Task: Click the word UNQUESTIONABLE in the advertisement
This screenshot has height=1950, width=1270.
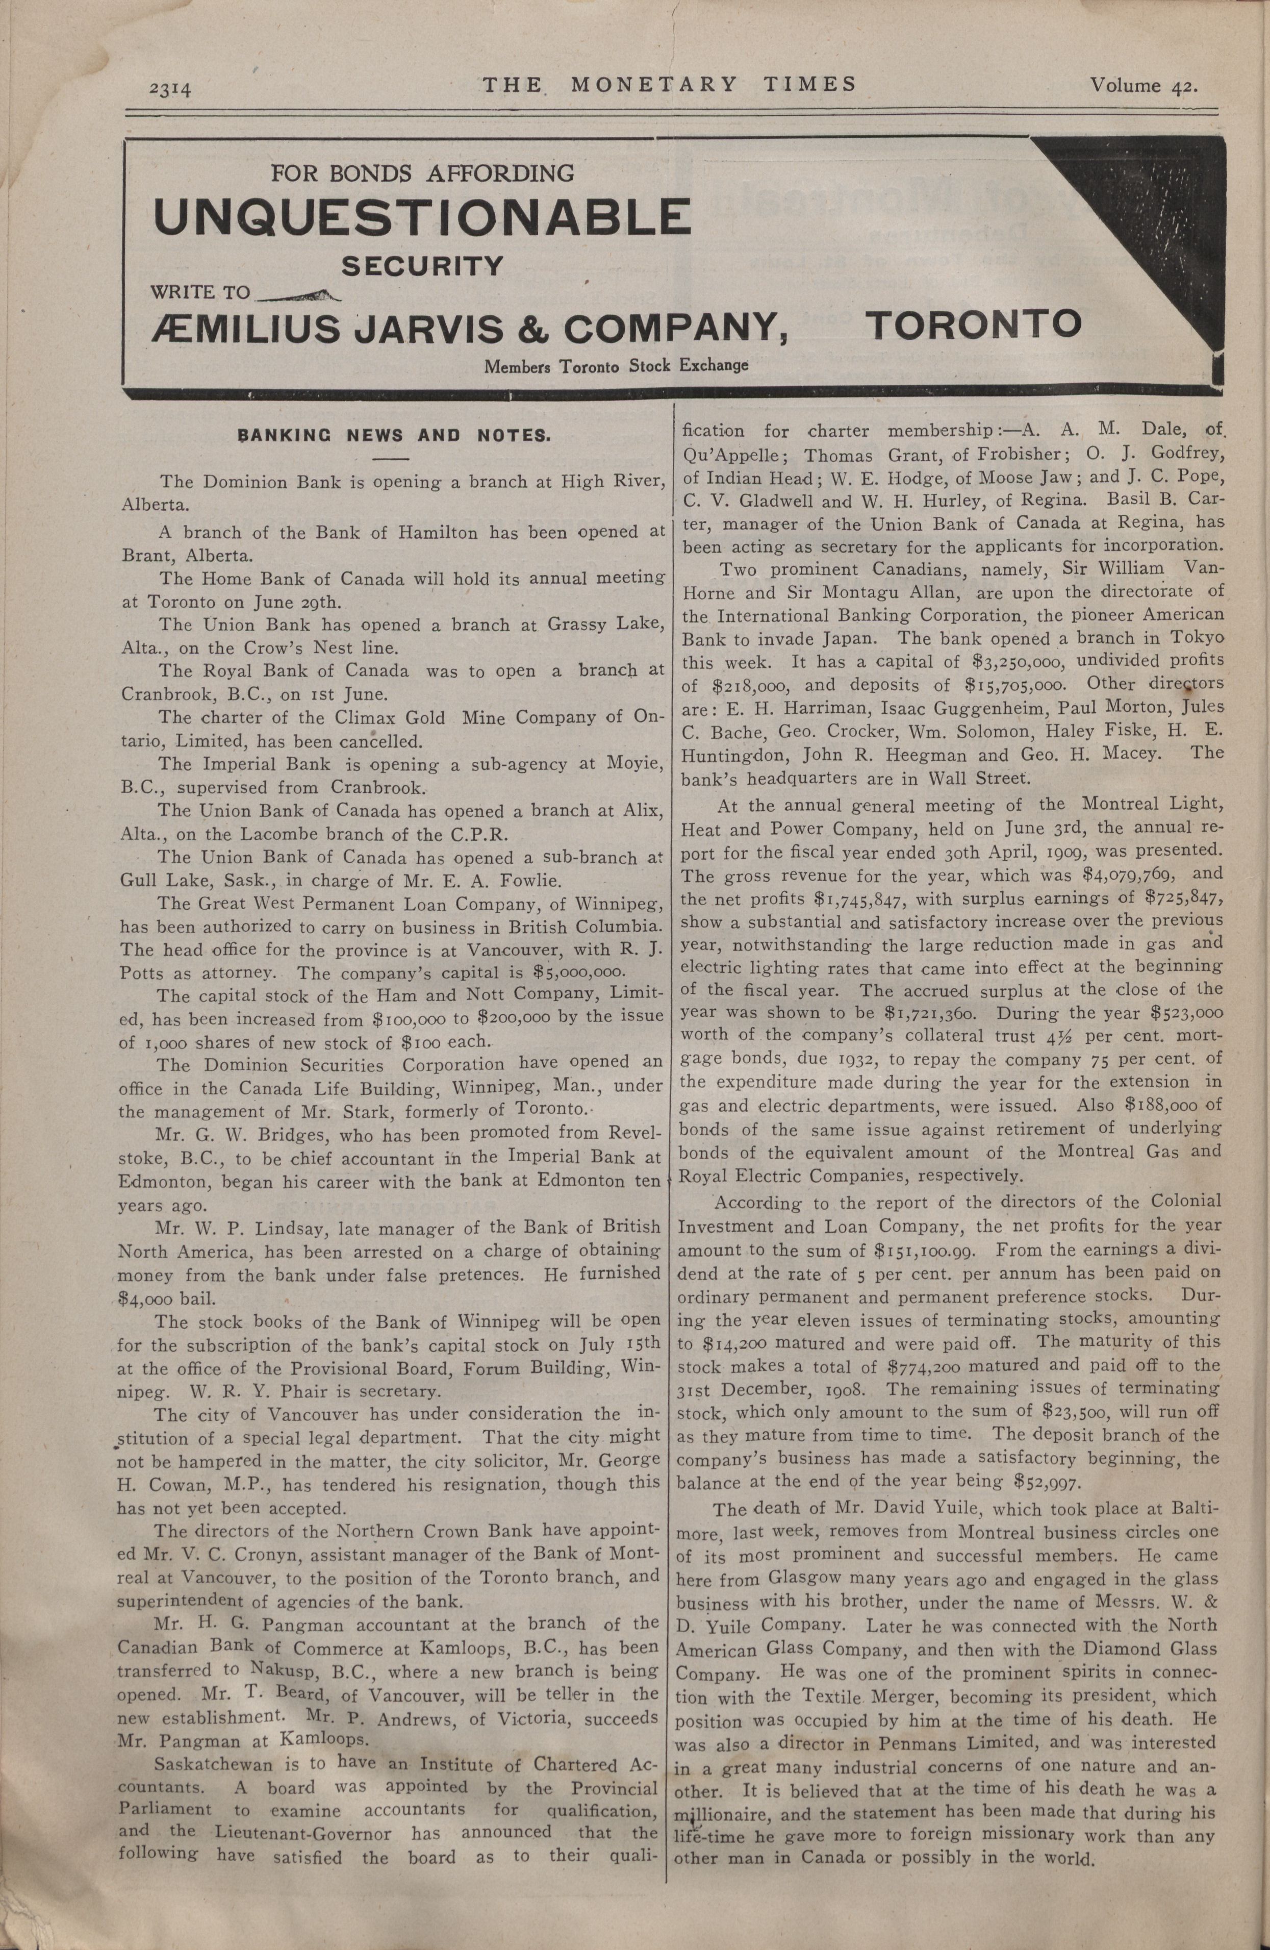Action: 422,216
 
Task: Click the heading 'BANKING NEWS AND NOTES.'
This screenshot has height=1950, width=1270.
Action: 395,435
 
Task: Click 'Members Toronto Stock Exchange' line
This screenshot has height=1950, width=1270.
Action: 616,365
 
